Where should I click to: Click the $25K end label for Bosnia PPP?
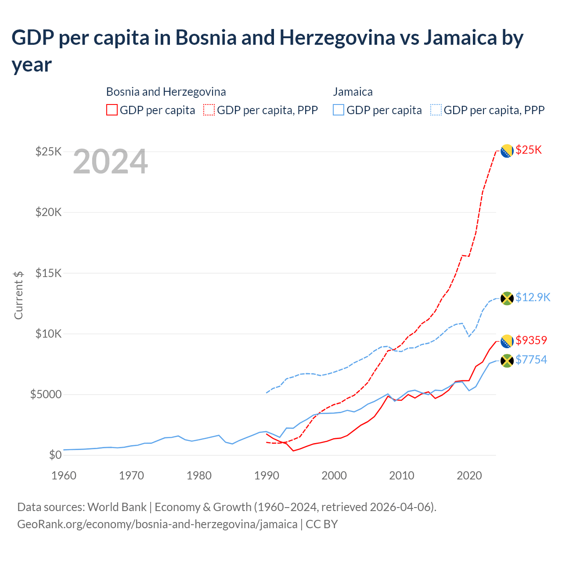click(529, 150)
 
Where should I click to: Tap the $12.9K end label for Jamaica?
click(533, 298)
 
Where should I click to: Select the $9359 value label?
click(531, 340)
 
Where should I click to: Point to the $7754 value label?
click(531, 360)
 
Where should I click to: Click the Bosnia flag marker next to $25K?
click(507, 151)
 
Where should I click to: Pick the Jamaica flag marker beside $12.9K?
click(507, 299)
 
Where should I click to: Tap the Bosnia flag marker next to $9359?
click(507, 341)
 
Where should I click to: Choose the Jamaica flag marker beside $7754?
click(507, 361)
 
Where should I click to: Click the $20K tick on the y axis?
click(48, 213)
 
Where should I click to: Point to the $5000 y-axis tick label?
click(46, 394)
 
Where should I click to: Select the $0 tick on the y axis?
click(55, 455)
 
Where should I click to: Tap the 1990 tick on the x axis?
click(267, 476)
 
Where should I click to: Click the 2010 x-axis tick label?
click(402, 476)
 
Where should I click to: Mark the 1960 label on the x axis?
click(64, 476)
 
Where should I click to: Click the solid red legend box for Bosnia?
click(112, 110)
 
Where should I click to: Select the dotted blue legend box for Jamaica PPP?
click(436, 110)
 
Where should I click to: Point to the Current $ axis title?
click(18, 295)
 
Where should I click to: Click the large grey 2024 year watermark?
click(110, 162)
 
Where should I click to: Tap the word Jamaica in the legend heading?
click(353, 92)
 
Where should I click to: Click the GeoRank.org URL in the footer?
click(157, 524)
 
